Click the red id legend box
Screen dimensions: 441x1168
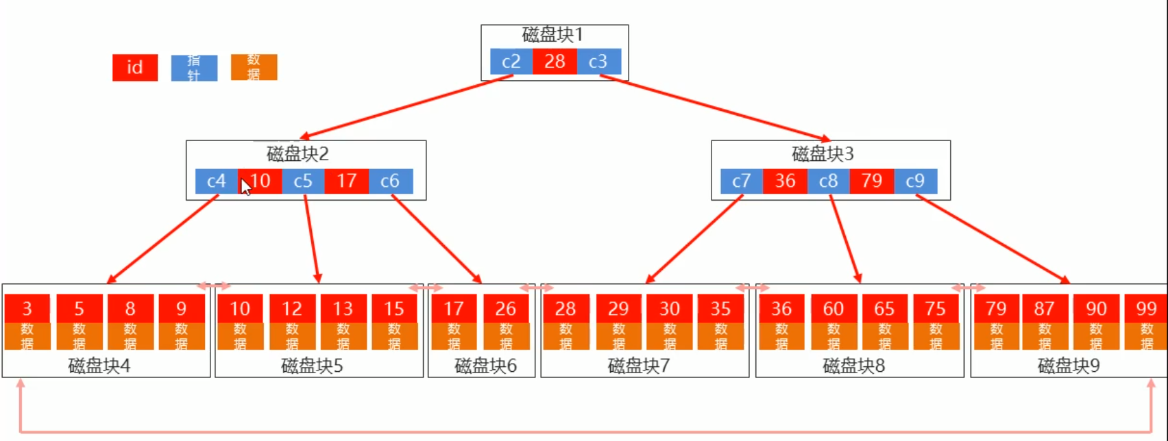tap(135, 68)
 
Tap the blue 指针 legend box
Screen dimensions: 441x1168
tap(194, 68)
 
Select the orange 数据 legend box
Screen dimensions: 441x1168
tap(254, 67)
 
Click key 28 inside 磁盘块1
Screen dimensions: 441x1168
tap(555, 62)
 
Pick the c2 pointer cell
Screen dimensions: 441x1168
tap(511, 62)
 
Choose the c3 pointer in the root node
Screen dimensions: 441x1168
tap(598, 62)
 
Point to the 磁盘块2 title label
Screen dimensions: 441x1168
tap(297, 153)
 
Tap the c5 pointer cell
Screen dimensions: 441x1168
tap(303, 181)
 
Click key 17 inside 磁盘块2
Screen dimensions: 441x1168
tap(347, 181)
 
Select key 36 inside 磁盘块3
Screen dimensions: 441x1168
tap(785, 181)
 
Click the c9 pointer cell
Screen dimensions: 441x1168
tap(915, 181)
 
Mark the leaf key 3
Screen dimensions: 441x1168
tap(27, 309)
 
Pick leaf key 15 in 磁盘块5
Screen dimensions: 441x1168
tap(394, 309)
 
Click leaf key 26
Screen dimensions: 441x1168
tap(506, 309)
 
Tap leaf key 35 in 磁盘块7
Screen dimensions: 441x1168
tap(720, 309)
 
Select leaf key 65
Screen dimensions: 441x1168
tap(884, 309)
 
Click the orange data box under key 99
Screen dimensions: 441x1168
tap(1146, 336)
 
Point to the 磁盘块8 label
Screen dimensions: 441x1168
tap(853, 366)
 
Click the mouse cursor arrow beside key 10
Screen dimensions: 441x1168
tap(246, 187)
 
